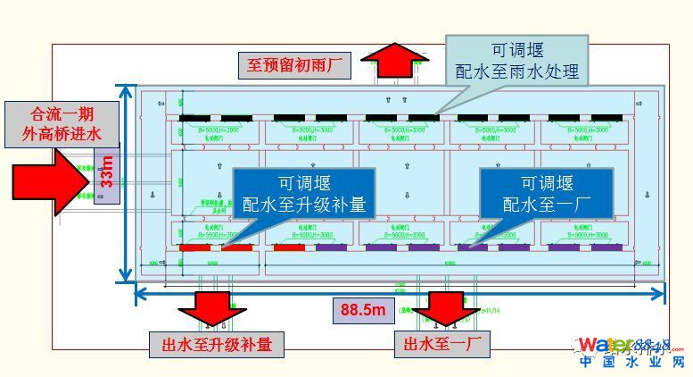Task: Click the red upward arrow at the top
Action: click(x=398, y=62)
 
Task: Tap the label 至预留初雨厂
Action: click(x=295, y=65)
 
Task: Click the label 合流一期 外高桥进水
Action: click(x=62, y=123)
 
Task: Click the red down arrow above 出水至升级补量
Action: click(x=211, y=308)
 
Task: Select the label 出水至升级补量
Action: click(x=217, y=344)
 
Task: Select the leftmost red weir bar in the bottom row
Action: click(x=195, y=247)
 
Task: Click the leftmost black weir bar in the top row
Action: click(x=195, y=118)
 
